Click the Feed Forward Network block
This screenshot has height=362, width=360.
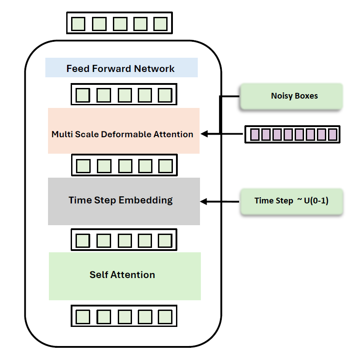pyautogui.click(x=121, y=68)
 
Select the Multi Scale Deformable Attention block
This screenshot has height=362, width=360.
pyautogui.click(x=124, y=131)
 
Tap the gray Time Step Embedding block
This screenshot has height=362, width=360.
pyautogui.click(x=124, y=201)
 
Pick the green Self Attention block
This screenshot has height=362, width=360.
pyautogui.click(x=124, y=276)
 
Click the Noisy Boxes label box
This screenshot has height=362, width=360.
pyautogui.click(x=291, y=96)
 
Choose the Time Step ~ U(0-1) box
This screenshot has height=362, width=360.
pyautogui.click(x=291, y=201)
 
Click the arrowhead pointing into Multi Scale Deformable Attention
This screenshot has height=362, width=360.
pyautogui.click(x=205, y=134)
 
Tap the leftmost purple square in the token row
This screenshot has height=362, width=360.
pyautogui.click(x=255, y=134)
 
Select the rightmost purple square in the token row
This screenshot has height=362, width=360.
pyautogui.click(x=332, y=134)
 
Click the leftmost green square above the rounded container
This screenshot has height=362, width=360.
pyautogui.click(x=78, y=24)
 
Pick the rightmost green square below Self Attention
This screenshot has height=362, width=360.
pyautogui.click(x=165, y=317)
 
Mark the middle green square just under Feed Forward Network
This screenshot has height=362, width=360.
pyautogui.click(x=124, y=95)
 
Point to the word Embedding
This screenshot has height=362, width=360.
pyautogui.click(x=150, y=200)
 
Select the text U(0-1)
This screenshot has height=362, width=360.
pyautogui.click(x=316, y=201)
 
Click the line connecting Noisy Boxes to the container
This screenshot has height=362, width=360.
pyautogui.click(x=229, y=96)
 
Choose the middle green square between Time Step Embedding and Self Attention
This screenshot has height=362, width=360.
pyautogui.click(x=124, y=240)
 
